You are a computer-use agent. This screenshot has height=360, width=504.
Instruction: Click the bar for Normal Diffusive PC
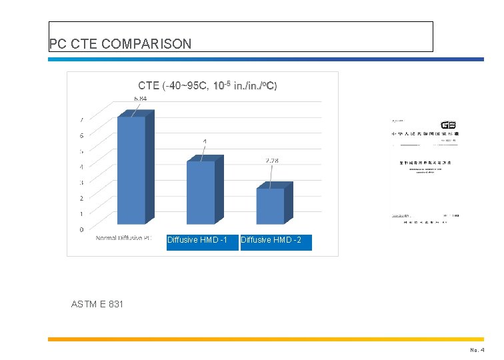pos(132,170)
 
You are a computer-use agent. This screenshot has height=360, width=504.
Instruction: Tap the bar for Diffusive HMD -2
pos(271,206)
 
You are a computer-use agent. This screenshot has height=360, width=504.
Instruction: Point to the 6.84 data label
pos(140,99)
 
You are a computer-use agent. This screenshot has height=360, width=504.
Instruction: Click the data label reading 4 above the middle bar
pos(205,141)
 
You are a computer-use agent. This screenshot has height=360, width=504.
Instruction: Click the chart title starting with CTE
pos(207,85)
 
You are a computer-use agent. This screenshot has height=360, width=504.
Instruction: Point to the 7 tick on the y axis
pos(82,121)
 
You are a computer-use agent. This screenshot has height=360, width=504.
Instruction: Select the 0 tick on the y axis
pos(82,229)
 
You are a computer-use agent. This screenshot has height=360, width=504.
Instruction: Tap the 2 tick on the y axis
pos(82,198)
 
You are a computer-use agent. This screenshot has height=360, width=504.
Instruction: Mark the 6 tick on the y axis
pos(82,136)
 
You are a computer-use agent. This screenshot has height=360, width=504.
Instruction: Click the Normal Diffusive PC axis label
pos(123,238)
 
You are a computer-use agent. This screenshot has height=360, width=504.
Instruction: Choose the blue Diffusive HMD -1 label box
pos(202,240)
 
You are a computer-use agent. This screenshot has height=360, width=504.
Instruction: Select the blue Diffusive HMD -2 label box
pos(275,240)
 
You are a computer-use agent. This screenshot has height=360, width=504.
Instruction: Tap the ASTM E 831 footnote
pos(97,305)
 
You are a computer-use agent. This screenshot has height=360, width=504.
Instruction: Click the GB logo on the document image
pos(448,125)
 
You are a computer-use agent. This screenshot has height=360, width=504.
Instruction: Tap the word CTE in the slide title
pos(81,44)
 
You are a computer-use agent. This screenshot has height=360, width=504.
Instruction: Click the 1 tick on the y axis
pos(82,214)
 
